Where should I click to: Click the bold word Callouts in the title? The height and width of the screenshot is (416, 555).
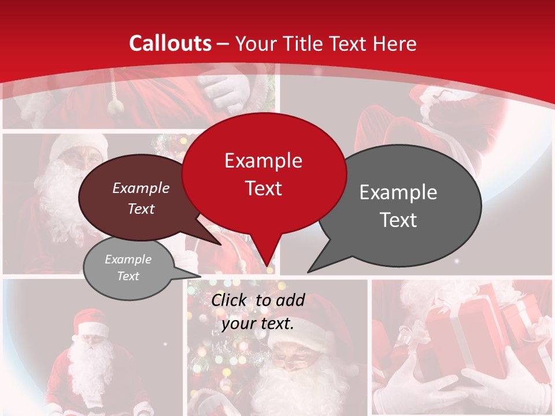[x=170, y=43]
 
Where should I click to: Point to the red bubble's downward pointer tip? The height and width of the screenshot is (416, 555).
[x=267, y=267]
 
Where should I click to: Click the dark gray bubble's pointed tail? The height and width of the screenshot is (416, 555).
[x=310, y=270]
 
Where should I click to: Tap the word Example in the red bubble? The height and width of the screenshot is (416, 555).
[x=263, y=161]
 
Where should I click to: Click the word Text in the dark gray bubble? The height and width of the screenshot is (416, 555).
[x=398, y=220]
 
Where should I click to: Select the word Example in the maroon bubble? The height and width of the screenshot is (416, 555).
[x=140, y=188]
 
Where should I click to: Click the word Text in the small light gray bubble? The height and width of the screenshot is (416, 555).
[x=128, y=276]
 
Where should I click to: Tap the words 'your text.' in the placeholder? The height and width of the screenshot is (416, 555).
[x=258, y=324]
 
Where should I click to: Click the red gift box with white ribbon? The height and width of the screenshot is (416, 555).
[x=457, y=335]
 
